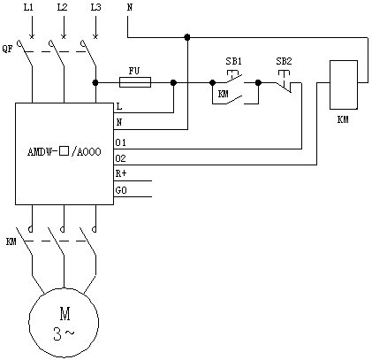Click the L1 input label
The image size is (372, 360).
pos(28,7)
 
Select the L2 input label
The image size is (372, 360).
pos(62,7)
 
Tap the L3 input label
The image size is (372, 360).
pos(96,7)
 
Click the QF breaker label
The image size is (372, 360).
pos(8,49)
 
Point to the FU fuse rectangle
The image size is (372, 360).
pos(135,82)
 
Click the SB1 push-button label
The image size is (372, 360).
pos(234,61)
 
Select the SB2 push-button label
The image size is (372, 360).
pos(284,61)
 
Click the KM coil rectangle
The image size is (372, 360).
pos(344,85)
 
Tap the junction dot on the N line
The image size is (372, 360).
pos(187,37)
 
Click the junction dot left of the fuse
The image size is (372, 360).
pos(95,82)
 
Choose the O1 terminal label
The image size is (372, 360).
pos(120,143)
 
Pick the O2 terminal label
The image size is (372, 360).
pos(120,159)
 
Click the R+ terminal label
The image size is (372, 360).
pos(121,173)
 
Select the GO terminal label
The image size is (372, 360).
pos(121,191)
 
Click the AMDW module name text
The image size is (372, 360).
pos(65,152)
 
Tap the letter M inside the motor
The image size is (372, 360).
pos(65,314)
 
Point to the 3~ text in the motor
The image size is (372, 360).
pos(64,333)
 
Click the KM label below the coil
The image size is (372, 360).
pos(343,119)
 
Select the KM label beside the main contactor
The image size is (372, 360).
pos(11,242)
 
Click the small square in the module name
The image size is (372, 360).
pos(65,151)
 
